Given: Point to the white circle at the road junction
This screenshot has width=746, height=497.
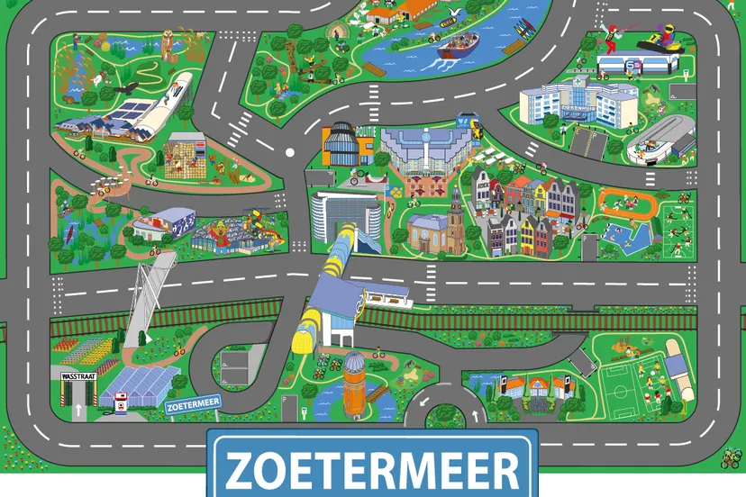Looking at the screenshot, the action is (x=289, y=152).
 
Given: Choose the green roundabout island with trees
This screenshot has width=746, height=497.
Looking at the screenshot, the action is (x=441, y=417).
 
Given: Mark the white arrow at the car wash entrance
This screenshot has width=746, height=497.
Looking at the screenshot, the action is (x=78, y=411).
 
